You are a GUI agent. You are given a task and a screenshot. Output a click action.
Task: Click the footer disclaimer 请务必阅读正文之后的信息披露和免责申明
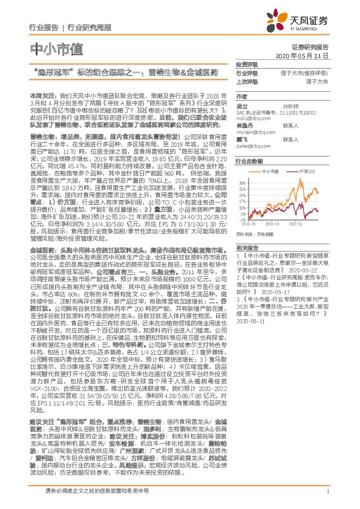(97, 490)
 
